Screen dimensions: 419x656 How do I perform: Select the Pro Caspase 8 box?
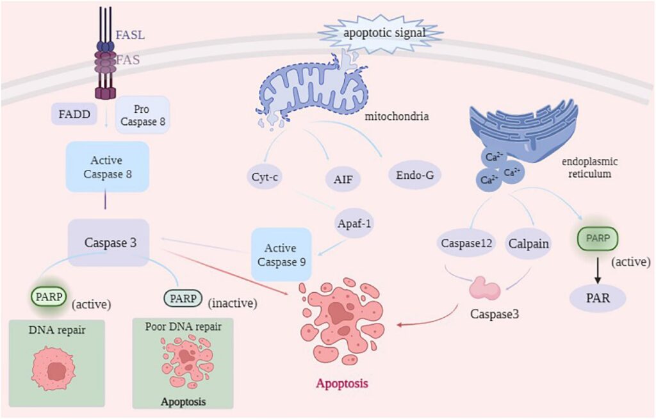(142, 115)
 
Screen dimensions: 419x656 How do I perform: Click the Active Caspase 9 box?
(281, 254)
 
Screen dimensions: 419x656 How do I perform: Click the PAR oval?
(599, 299)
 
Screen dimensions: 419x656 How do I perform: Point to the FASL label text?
(130, 34)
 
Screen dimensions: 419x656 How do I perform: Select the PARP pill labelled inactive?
(183, 299)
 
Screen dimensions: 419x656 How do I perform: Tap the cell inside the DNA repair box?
(56, 368)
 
